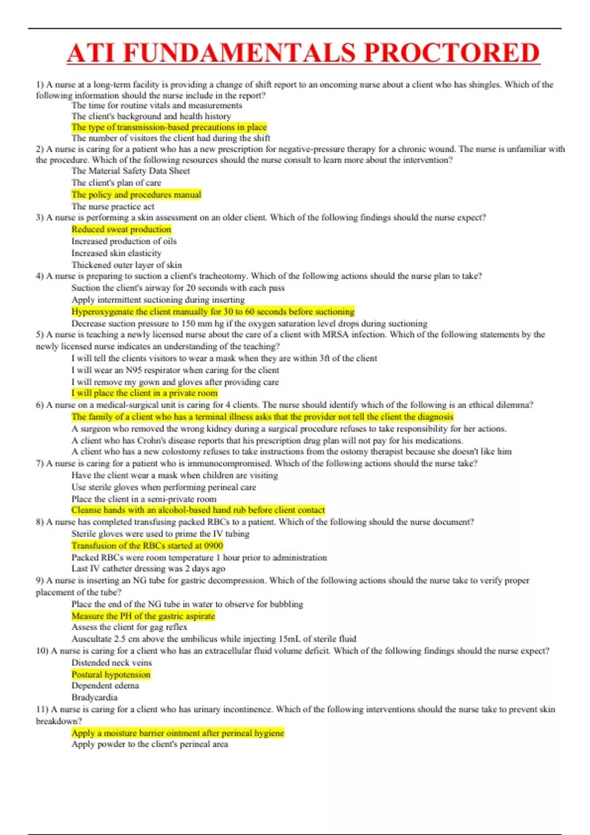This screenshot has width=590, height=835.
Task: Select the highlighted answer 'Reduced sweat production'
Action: pos(121,229)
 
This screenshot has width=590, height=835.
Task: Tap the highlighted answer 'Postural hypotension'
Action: pos(111,674)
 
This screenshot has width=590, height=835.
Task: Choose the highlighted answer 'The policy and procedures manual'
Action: pos(136,195)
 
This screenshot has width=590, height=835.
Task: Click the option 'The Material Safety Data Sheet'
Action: pos(130,171)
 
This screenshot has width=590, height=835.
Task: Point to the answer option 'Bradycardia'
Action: pos(94,697)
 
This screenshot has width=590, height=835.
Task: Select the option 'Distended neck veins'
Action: pos(112,663)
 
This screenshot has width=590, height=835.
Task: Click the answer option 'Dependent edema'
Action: pos(105,686)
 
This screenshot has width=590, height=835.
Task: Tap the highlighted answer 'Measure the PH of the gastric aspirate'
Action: pos(143,616)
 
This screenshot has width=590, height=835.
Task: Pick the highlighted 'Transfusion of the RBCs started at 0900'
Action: pos(147,546)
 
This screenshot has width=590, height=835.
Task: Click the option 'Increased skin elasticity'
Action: pos(116,253)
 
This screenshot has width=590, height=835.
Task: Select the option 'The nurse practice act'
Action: pos(113,206)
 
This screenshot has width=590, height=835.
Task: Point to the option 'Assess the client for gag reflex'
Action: pos(129,627)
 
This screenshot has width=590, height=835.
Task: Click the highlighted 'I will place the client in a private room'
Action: pos(144,393)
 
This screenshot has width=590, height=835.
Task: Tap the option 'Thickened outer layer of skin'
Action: pos(126,265)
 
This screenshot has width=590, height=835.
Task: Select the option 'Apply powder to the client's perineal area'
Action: pos(149,744)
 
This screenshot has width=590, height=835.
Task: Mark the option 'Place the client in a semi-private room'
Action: pos(144,499)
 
